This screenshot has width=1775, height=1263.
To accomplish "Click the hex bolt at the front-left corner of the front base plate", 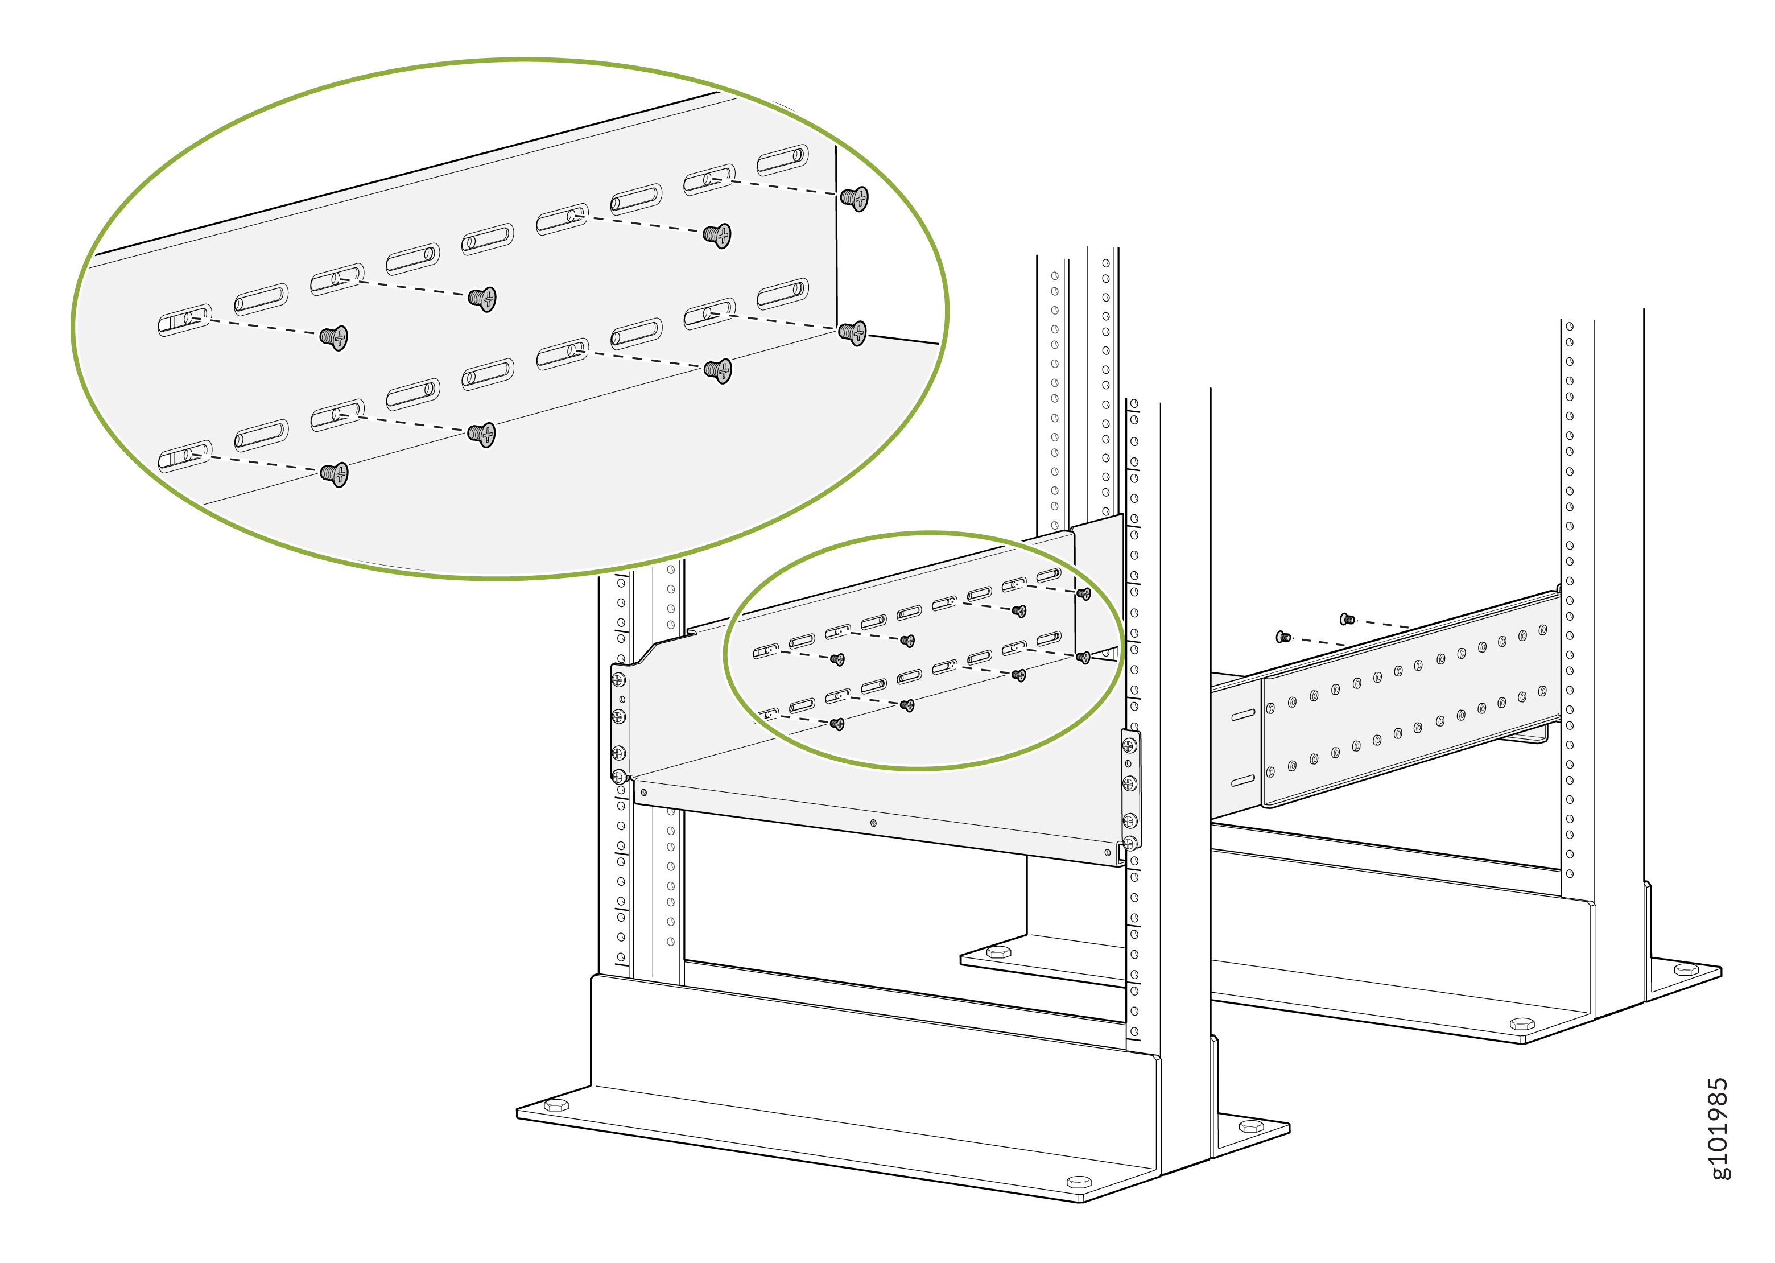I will coord(556,1105).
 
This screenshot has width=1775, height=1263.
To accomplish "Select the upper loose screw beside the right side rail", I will coord(1347,619).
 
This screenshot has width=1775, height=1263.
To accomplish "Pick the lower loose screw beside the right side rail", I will coord(1283,637).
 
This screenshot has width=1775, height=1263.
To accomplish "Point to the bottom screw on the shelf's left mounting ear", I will coord(619,775).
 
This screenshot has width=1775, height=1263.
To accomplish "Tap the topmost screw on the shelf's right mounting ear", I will coord(1130,746).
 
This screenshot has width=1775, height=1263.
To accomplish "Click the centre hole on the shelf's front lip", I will coord(873,823).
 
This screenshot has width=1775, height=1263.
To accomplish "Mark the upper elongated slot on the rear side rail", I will coord(1242,714).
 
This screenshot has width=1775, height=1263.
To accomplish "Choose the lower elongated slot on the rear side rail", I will coord(1242,780).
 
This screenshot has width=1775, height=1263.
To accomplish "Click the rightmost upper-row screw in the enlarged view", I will coord(855,199).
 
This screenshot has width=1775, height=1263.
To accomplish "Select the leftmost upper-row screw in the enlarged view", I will coord(335,337).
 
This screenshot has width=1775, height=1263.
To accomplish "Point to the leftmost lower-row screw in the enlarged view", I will coord(335,473).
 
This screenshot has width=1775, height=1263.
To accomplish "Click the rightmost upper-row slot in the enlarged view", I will coord(783,159).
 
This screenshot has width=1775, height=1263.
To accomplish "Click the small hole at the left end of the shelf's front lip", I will coord(644,793).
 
